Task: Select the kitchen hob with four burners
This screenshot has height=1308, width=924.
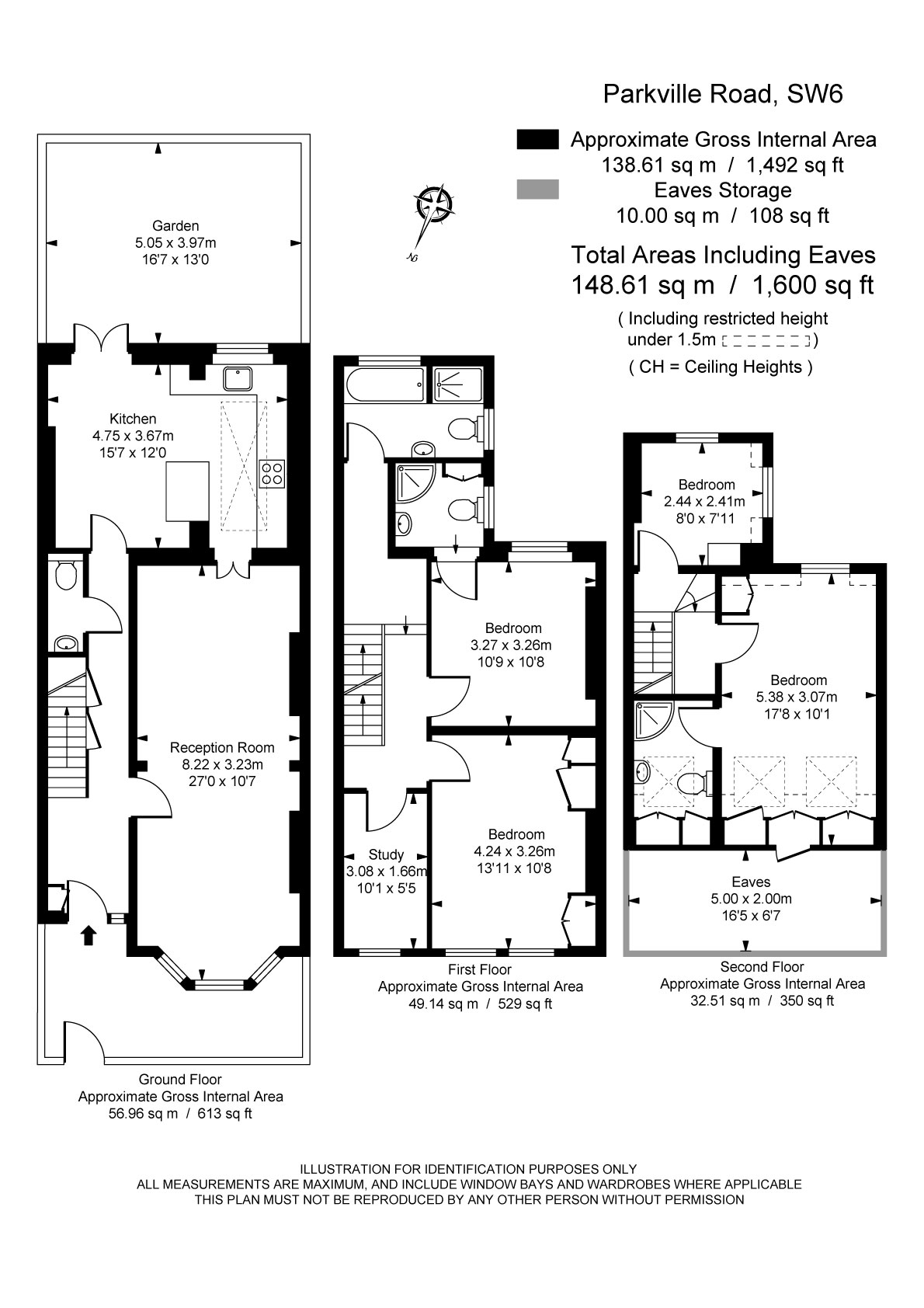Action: [272, 473]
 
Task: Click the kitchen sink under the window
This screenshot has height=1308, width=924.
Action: [237, 378]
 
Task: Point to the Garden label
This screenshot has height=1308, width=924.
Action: [175, 226]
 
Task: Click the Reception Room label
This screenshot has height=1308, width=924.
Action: [222, 747]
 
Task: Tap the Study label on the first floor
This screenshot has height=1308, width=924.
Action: [386, 854]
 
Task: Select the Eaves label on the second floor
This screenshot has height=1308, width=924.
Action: [751, 882]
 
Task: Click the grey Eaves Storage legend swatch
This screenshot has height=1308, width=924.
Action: [537, 190]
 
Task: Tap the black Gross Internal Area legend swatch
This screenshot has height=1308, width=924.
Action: [537, 139]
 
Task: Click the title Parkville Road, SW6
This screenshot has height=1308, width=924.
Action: [723, 94]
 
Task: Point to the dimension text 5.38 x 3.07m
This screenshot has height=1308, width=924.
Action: [797, 697]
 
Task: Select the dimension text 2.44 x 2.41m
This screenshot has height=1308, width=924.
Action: [704, 501]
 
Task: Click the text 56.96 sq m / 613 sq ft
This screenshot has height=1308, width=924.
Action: [180, 1114]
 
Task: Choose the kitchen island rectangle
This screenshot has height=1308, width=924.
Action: [189, 491]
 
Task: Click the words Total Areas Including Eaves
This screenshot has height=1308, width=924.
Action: [723, 255]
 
